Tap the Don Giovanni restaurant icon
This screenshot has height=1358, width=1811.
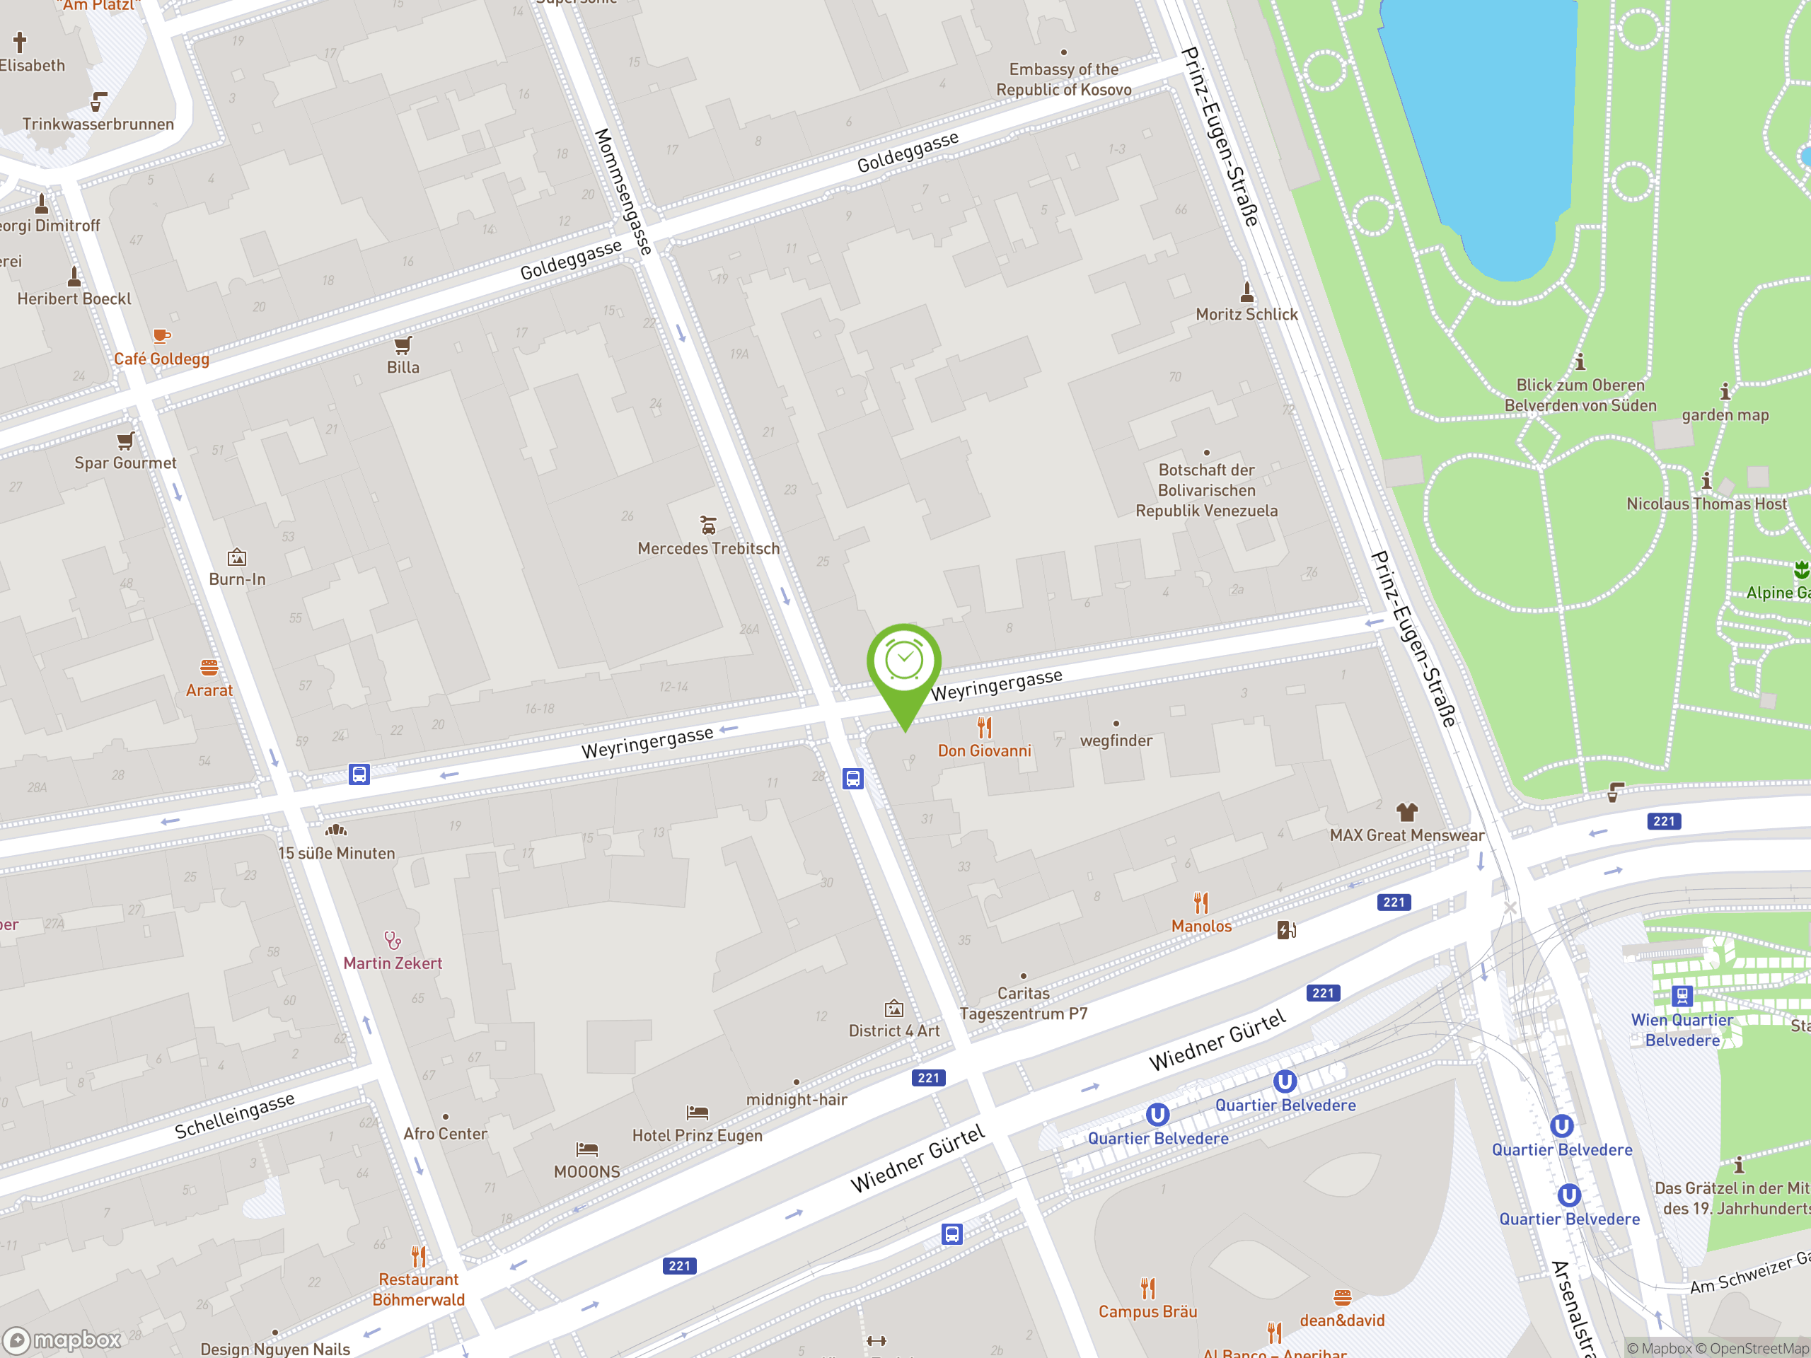[984, 727]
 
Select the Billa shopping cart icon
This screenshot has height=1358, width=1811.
[403, 344]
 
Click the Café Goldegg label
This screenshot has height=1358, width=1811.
[161, 359]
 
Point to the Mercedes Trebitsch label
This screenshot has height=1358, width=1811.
[708, 548]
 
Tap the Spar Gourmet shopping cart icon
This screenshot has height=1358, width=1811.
[125, 441]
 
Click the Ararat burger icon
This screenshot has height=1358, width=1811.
[209, 667]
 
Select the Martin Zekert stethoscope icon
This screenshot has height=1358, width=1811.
[392, 940]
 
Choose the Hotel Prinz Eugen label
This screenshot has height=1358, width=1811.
[697, 1135]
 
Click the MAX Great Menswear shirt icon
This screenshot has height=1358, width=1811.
[1406, 812]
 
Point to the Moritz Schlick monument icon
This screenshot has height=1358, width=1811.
[1246, 291]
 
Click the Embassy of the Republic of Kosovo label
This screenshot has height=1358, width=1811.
[1063, 79]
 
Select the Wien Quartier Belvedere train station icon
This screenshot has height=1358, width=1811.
[1682, 996]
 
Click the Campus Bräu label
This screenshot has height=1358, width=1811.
[1147, 1311]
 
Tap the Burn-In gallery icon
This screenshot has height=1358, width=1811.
[236, 557]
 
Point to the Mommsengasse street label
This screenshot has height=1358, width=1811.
[623, 192]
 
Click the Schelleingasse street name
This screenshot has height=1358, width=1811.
[234, 1115]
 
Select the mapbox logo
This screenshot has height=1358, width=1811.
[62, 1340]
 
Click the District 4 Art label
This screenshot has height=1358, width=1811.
[894, 1031]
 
